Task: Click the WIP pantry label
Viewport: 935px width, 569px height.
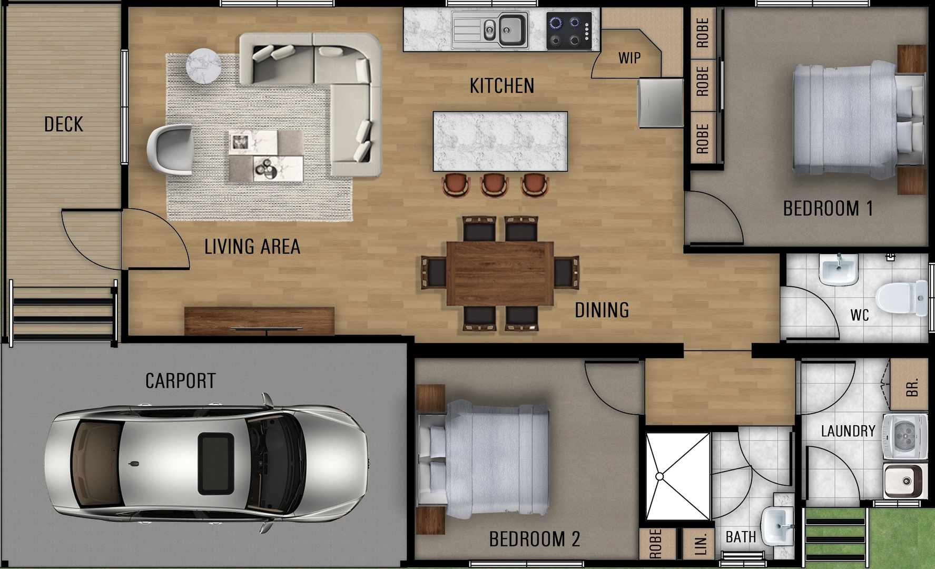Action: [x=629, y=58]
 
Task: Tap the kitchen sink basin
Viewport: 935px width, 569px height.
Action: [x=510, y=29]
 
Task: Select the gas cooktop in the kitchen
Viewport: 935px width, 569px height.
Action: [x=569, y=31]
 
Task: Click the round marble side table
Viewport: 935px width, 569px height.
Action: [x=203, y=65]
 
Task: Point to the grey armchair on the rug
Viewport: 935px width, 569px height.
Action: [x=170, y=149]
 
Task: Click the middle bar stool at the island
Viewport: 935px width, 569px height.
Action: [x=494, y=185]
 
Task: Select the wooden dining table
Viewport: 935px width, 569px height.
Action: [x=499, y=273]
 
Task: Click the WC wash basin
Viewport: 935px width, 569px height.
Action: [x=839, y=269]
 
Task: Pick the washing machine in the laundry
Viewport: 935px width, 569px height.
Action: [x=905, y=437]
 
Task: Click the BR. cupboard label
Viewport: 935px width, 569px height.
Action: [x=912, y=387]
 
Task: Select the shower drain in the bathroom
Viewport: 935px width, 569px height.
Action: [x=660, y=476]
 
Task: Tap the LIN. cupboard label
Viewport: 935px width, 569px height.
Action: [x=700, y=544]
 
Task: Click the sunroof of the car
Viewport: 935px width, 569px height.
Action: [x=216, y=464]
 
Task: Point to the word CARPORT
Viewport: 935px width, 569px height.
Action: [x=180, y=381]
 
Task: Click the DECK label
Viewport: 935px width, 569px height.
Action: [x=63, y=124]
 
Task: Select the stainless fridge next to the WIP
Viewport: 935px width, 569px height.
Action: [x=661, y=103]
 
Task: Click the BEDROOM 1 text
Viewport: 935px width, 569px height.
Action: [x=828, y=209]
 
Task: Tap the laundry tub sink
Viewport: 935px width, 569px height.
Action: [x=903, y=480]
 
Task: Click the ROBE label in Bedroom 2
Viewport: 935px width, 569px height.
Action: [x=655, y=544]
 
